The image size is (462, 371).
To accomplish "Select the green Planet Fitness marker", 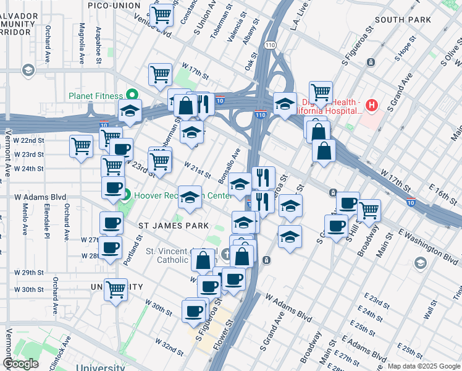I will click(x=131, y=95).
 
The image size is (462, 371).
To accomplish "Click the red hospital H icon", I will click(x=371, y=105).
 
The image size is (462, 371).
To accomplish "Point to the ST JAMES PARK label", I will click(x=174, y=226).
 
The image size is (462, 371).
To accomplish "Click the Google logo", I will click(x=20, y=364).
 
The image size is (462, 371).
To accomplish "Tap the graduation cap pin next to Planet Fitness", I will click(x=130, y=111).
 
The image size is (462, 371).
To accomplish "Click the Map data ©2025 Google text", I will click(x=424, y=365).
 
